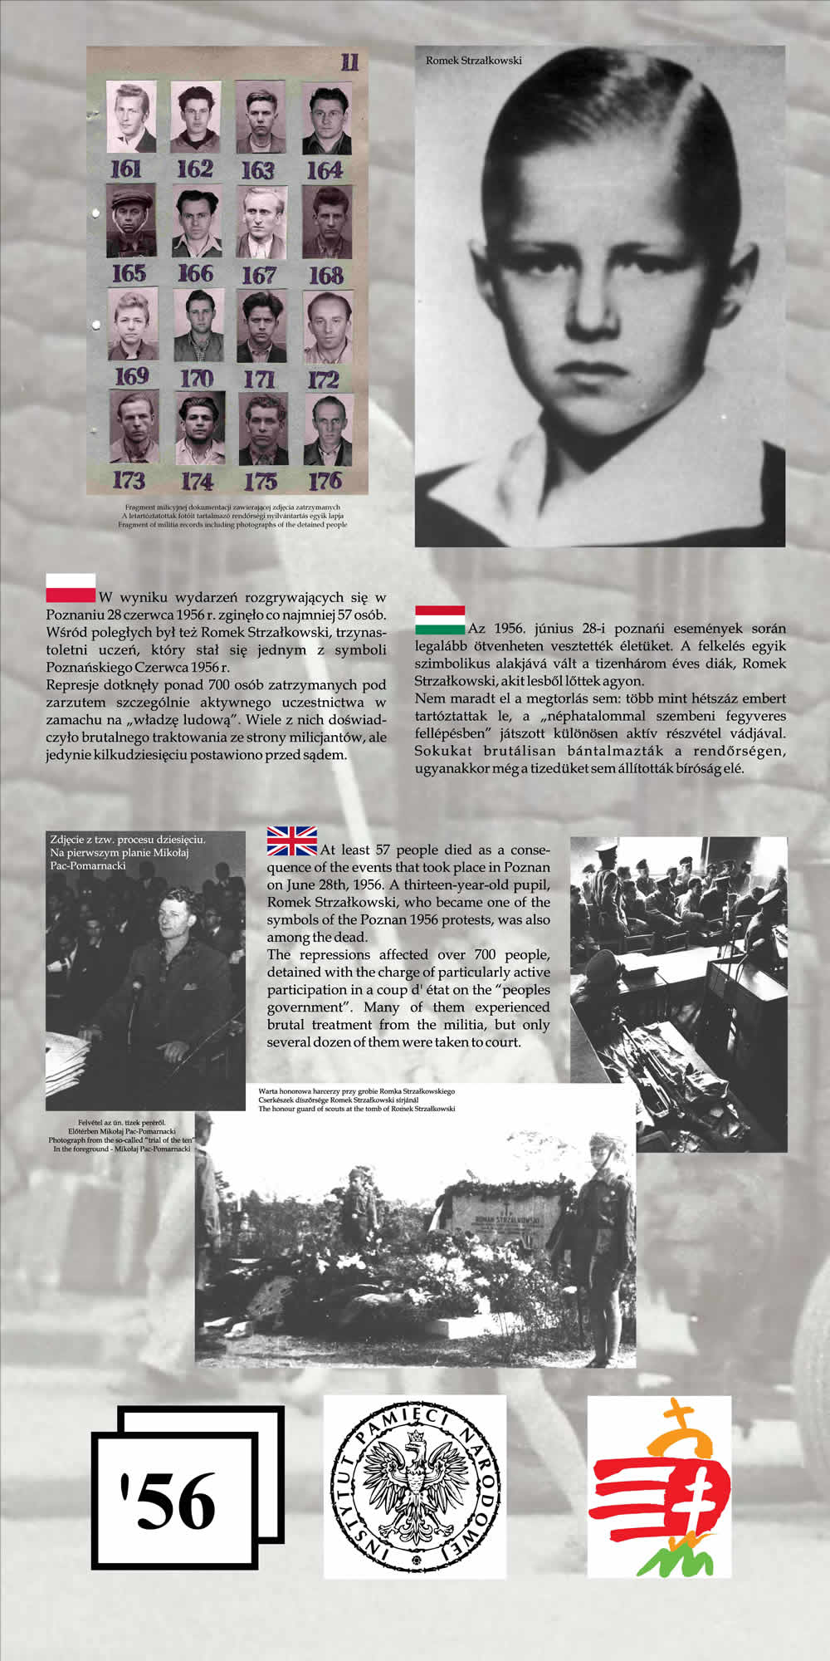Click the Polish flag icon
click(71, 588)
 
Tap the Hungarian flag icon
click(440, 619)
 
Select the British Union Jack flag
click(291, 840)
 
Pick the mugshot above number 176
click(328, 429)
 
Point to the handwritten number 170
click(196, 379)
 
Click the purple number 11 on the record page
click(349, 61)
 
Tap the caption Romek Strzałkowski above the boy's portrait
click(473, 60)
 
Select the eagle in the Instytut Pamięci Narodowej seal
click(414, 1486)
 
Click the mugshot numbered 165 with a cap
click(130, 221)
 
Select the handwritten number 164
click(325, 170)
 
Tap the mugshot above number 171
click(261, 326)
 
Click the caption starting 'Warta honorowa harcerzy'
click(357, 1090)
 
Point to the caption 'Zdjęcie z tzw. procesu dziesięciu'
click(127, 839)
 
